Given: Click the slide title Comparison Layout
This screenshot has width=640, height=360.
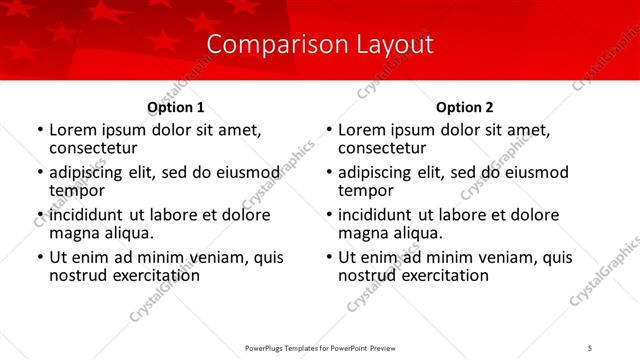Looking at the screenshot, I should (320, 45).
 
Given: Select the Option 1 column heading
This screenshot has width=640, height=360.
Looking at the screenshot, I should (175, 107).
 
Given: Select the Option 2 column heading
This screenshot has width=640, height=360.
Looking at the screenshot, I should (464, 107).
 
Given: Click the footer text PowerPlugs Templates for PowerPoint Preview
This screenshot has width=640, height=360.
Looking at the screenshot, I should (319, 348).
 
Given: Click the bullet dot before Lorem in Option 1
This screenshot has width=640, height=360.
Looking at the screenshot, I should (40, 131).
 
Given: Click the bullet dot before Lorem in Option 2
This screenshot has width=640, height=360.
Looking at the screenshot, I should (329, 131).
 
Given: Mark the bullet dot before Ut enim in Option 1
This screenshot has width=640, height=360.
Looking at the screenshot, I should (40, 258).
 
